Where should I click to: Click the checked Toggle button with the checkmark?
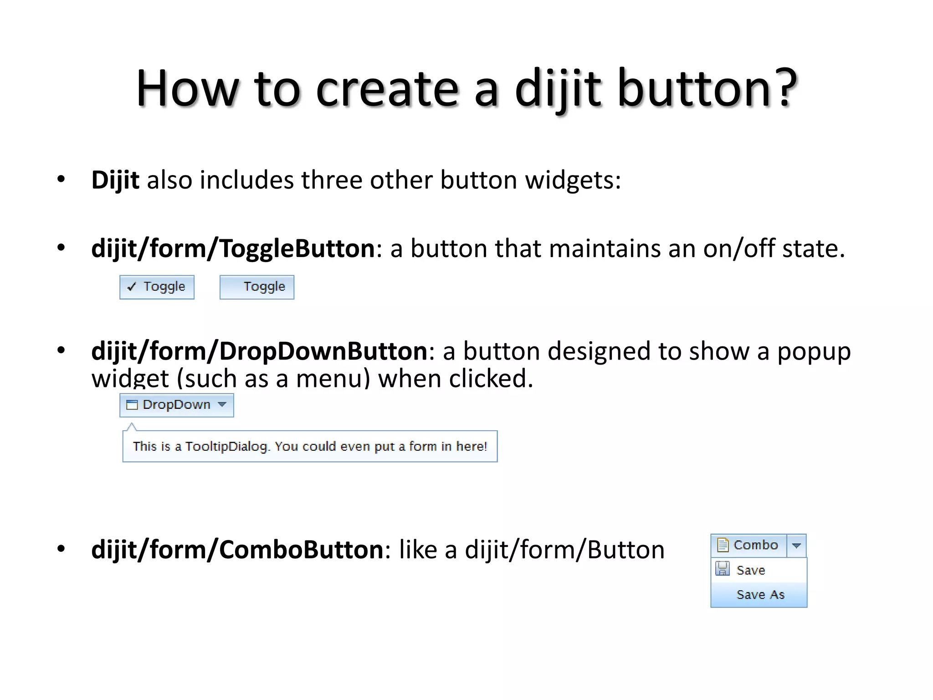click(x=157, y=287)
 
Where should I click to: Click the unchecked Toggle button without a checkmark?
click(x=257, y=287)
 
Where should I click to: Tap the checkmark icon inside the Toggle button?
click(x=132, y=287)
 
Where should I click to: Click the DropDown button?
click(x=176, y=405)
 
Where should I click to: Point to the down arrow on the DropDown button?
click(x=222, y=405)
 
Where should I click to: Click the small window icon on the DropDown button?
click(x=132, y=405)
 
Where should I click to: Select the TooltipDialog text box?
click(x=310, y=446)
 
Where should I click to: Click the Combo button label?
click(x=755, y=545)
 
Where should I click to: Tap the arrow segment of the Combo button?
click(x=796, y=546)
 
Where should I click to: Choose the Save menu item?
click(x=751, y=570)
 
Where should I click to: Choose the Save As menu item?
click(x=760, y=595)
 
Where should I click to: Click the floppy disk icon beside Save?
click(x=723, y=569)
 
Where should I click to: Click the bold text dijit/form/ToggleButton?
click(x=233, y=249)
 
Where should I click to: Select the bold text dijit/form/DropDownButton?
click(x=259, y=351)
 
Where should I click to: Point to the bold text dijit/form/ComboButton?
click(x=237, y=550)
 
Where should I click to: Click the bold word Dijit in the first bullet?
click(x=115, y=180)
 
